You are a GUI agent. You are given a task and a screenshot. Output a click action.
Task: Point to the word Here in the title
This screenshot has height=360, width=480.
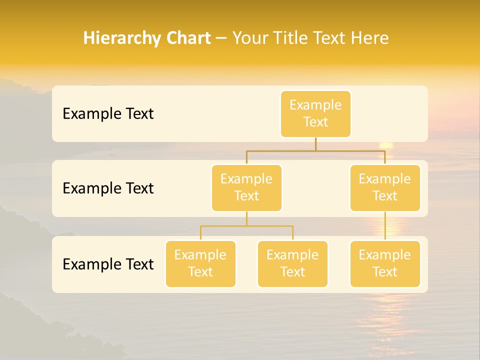pos(370,38)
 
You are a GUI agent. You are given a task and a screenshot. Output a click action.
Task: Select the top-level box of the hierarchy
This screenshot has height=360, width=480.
pos(315,114)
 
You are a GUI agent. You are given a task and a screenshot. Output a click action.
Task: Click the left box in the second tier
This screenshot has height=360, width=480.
pos(246,188)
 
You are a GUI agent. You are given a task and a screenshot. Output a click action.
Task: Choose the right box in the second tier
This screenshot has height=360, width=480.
pos(385,188)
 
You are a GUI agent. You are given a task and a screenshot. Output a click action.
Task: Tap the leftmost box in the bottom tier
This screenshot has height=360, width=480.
pos(200,264)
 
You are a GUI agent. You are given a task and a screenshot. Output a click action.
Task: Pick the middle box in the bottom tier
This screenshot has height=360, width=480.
pos(292,264)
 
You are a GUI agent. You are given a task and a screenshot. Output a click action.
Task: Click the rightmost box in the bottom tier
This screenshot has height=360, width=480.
pos(385,264)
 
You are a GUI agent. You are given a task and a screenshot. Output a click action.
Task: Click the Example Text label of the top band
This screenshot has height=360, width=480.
pos(108,114)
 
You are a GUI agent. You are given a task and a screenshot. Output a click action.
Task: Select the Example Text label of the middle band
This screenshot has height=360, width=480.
pos(108,188)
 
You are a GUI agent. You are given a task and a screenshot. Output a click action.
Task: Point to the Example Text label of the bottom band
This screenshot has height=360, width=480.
pos(108,264)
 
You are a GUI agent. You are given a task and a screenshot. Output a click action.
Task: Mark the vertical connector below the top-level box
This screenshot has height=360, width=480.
pos(315,144)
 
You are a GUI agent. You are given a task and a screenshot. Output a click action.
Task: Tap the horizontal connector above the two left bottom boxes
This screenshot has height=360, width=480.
pos(246,226)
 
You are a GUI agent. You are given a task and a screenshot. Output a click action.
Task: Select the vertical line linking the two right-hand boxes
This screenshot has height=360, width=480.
pos(385,226)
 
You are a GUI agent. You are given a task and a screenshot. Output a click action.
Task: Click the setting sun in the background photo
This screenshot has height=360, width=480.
pos(385,145)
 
